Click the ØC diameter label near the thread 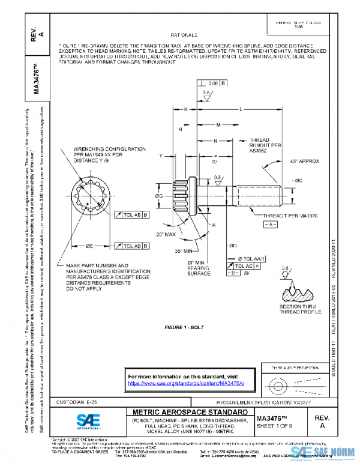click(298, 180)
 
